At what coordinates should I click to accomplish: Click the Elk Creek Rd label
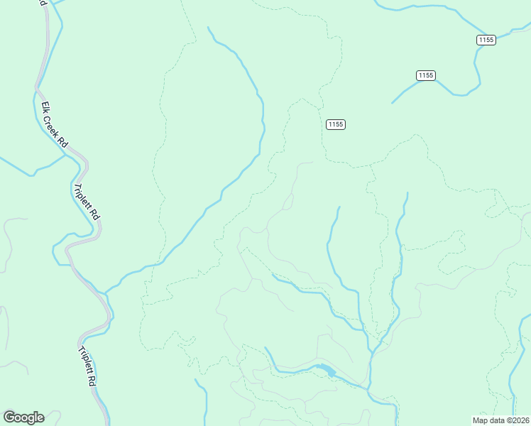(x=54, y=125)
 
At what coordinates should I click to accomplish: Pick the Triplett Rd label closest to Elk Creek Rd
(x=87, y=202)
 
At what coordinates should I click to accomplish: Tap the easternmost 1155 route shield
(x=486, y=40)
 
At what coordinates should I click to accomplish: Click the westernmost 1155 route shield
(x=336, y=124)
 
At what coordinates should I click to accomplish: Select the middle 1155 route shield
(x=425, y=75)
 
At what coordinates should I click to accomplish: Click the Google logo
(x=23, y=417)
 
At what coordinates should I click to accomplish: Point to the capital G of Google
(x=9, y=417)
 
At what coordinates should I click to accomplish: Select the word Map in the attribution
(x=480, y=420)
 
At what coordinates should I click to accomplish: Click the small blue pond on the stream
(x=326, y=370)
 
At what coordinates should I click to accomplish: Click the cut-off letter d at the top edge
(x=43, y=3)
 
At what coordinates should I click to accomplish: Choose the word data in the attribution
(x=495, y=420)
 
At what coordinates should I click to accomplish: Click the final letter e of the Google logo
(x=40, y=417)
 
